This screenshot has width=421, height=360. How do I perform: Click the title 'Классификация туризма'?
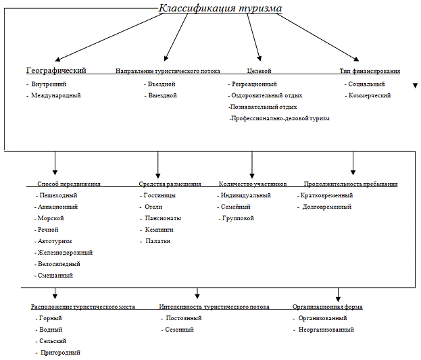220,9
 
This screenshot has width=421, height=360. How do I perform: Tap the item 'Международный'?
56,95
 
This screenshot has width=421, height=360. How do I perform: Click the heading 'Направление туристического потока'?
168,71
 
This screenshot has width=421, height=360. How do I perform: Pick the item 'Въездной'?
162,84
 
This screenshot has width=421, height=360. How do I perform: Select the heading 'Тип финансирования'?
370,71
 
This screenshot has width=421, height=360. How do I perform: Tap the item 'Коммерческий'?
370,95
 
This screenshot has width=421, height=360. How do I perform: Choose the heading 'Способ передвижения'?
68,184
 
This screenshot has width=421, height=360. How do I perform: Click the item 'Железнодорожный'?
66,252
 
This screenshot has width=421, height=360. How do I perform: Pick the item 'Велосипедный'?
61,263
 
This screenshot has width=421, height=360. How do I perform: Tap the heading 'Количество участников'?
253,184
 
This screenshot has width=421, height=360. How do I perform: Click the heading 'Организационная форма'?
327,307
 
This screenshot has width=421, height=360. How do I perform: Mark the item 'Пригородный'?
60,352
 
